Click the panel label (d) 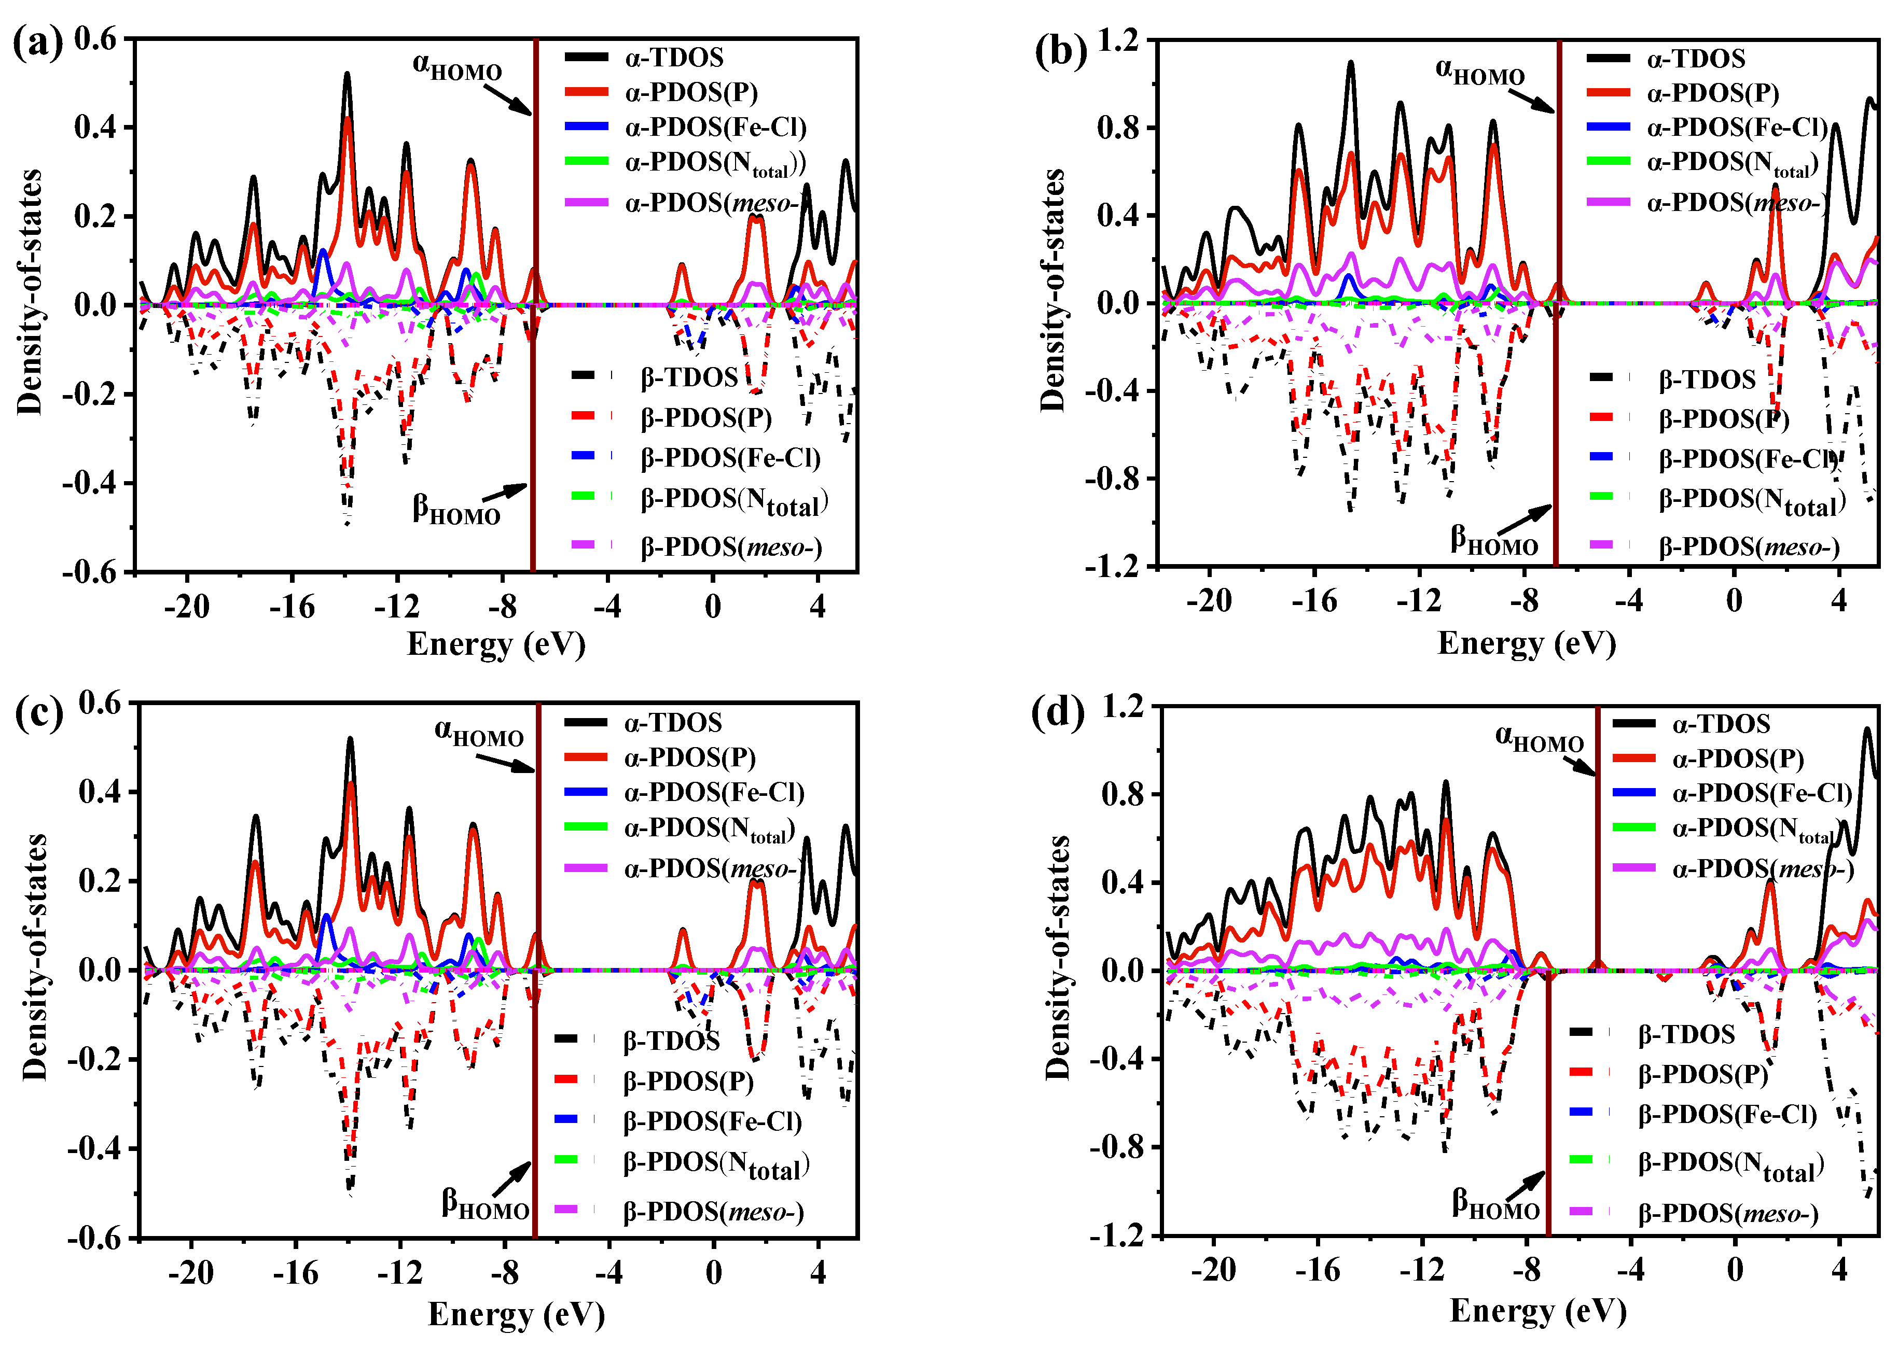[1057, 711]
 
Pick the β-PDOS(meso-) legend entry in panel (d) [1727, 1214]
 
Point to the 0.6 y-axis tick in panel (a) [96, 38]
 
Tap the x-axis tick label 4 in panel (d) [1839, 1269]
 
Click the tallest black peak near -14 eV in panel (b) [1350, 63]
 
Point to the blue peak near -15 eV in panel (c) [326, 916]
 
